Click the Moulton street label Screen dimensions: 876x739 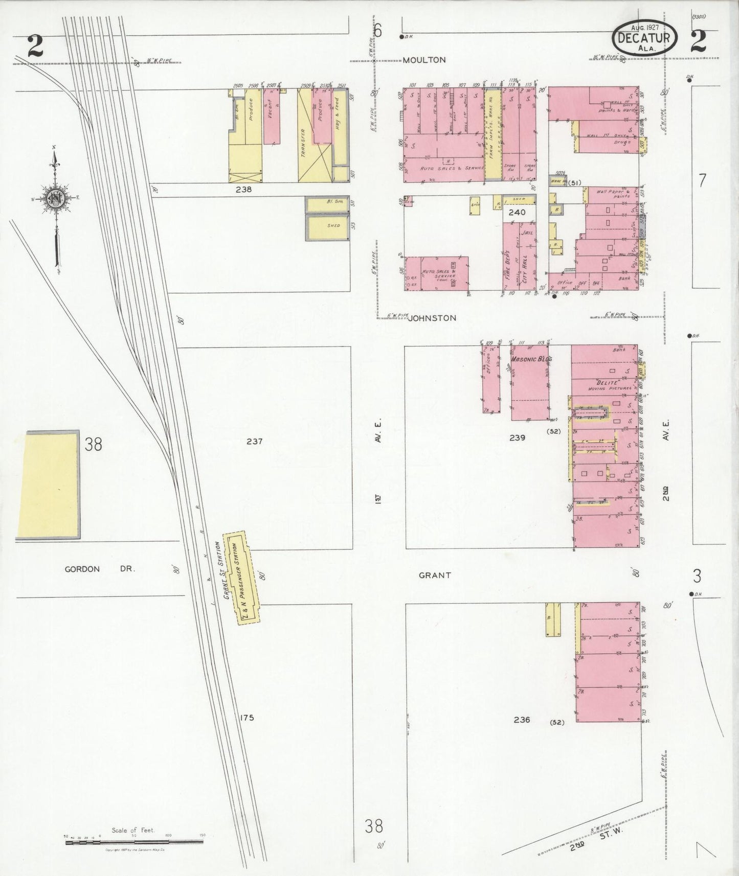pos(424,60)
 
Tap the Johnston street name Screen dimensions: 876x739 pos(432,318)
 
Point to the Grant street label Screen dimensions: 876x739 pos(435,575)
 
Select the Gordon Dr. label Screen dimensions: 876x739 pos(100,569)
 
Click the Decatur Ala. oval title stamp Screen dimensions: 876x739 pos(644,38)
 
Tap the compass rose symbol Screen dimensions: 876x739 pos(55,198)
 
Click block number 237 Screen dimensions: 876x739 pos(254,441)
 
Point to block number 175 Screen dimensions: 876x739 pos(247,718)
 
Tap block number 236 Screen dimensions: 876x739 pos(522,720)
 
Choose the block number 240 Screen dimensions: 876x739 pos(517,213)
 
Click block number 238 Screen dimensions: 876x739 pos(243,189)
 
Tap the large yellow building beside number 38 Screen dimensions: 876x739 pos(49,485)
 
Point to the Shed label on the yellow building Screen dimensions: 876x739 pos(333,225)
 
